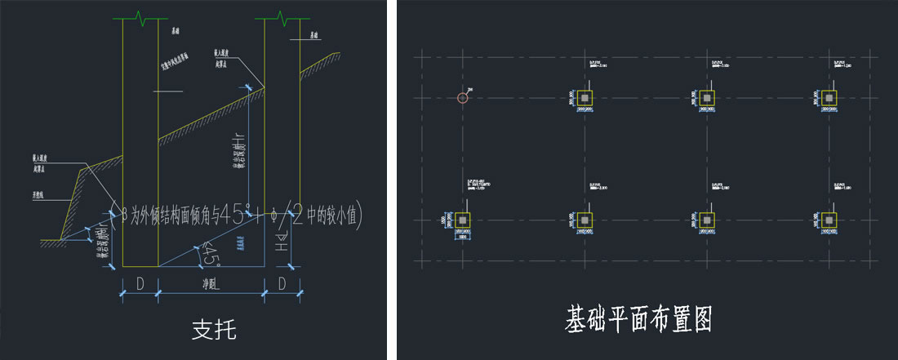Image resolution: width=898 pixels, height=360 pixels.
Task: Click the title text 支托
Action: pos(215,330)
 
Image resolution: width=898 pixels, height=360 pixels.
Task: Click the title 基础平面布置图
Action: pos(638,319)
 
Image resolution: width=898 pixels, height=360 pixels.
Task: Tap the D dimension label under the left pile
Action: pos(140,285)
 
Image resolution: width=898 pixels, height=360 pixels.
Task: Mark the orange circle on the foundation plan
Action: pos(463,99)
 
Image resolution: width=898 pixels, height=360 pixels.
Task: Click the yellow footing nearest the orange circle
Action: pos(585,98)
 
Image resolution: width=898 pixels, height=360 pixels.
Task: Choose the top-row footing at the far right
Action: pos(829,98)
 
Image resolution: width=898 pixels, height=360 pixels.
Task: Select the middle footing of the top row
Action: pos(707,98)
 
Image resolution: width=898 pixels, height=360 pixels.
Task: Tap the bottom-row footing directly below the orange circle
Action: pos(463,220)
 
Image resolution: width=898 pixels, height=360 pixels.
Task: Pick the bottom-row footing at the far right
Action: pos(829,220)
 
